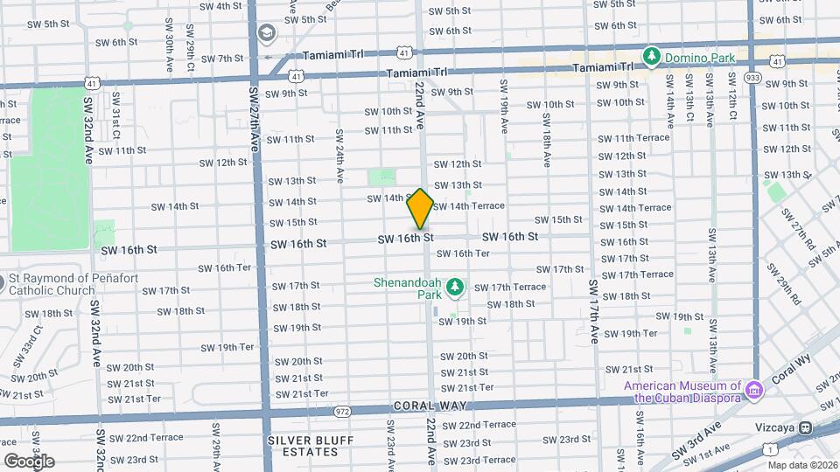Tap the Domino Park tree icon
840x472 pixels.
pyautogui.click(x=651, y=57)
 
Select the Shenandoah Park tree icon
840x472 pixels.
pyautogui.click(x=454, y=287)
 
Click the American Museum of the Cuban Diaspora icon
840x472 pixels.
pyautogui.click(x=751, y=387)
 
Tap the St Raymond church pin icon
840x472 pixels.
pyautogui.click(x=3, y=281)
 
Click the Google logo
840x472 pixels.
pyautogui.click(x=28, y=461)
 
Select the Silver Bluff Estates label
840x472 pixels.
pyautogui.click(x=303, y=445)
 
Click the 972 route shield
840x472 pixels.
pyautogui.click(x=342, y=411)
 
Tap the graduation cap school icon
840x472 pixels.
pyautogui.click(x=265, y=33)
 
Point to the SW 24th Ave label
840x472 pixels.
pyautogui.click(x=339, y=156)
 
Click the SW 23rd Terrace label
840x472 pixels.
pyautogui.click(x=478, y=460)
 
